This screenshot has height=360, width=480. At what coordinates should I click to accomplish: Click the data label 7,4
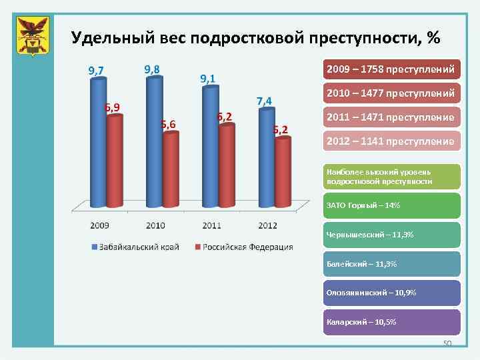tap(264, 101)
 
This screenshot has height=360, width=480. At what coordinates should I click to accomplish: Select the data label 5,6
tap(167, 124)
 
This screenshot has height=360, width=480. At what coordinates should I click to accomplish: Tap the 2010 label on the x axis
tap(155, 225)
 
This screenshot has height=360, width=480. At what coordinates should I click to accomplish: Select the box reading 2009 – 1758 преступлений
tap(391, 69)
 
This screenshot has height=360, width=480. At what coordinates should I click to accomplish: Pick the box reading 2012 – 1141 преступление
tap(391, 141)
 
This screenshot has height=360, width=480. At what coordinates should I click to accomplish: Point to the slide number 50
tap(447, 343)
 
